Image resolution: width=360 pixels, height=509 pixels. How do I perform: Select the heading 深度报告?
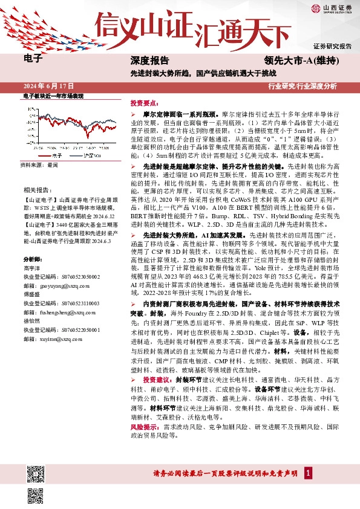point(149,60)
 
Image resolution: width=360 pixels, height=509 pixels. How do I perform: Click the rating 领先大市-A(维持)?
point(301,60)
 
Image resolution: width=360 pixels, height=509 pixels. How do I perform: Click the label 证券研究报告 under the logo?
point(332,47)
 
